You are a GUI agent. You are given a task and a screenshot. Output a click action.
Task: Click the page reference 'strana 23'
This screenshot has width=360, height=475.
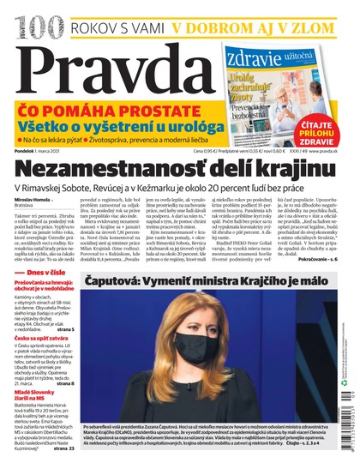(64, 448)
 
